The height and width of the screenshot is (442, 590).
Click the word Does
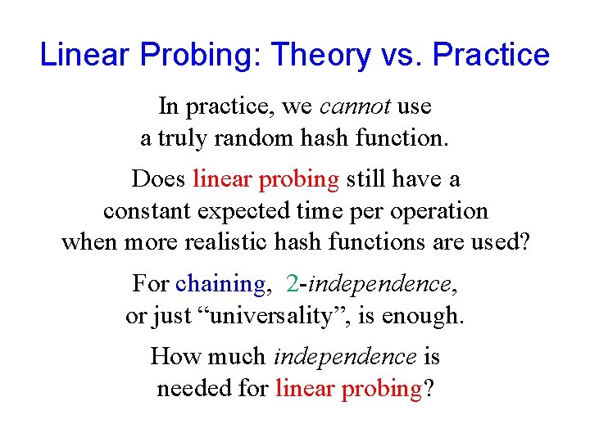coord(159,178)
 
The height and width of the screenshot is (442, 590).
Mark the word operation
coord(439,210)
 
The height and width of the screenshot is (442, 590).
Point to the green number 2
coord(293,284)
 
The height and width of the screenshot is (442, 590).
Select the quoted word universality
coord(284,316)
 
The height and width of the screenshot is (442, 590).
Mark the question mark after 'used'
coord(523,242)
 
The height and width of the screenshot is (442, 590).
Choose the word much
coord(238,357)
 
